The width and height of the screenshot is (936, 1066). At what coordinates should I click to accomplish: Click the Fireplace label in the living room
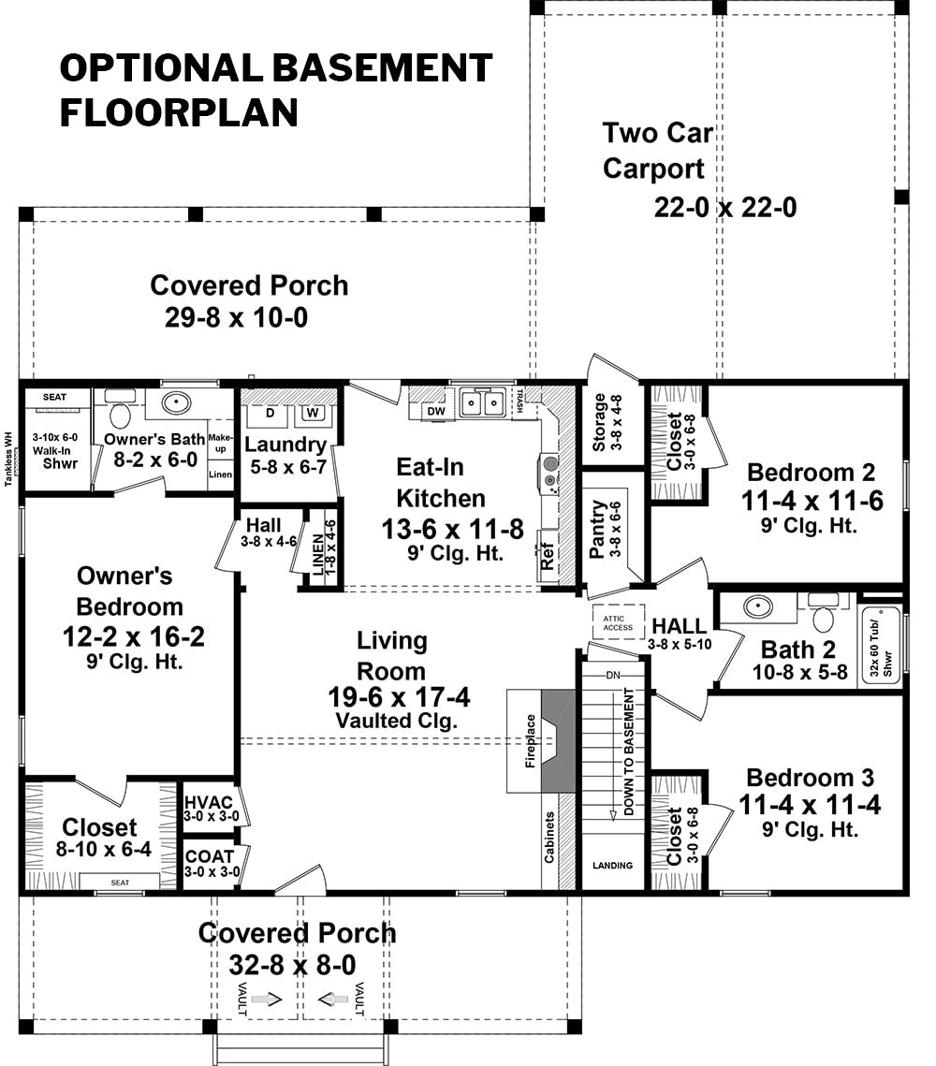(x=531, y=741)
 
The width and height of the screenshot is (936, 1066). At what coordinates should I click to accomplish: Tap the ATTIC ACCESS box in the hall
(x=618, y=622)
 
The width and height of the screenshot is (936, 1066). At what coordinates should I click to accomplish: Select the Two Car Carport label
(x=657, y=151)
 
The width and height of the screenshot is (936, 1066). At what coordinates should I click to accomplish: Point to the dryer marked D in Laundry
(x=270, y=414)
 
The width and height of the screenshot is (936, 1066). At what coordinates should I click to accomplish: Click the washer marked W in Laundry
(x=312, y=414)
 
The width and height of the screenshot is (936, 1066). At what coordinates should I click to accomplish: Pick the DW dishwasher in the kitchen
(x=436, y=411)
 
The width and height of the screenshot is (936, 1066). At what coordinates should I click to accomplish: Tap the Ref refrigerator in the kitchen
(x=548, y=556)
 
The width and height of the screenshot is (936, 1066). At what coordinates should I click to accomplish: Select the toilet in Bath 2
(x=823, y=616)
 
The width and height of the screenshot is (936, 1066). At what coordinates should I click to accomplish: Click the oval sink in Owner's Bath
(x=176, y=403)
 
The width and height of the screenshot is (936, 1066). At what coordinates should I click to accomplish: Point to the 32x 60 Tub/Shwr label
(x=881, y=650)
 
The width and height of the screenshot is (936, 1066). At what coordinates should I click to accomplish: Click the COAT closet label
(x=210, y=856)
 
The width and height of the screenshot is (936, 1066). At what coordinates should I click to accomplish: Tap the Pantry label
(x=597, y=530)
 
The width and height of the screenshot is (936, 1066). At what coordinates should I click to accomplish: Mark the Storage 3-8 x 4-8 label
(x=607, y=422)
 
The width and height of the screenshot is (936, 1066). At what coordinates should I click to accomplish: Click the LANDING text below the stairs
(x=612, y=866)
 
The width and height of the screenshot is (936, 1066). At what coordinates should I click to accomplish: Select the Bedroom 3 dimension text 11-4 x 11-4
(x=809, y=805)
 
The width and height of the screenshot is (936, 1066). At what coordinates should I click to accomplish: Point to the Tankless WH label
(x=8, y=459)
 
